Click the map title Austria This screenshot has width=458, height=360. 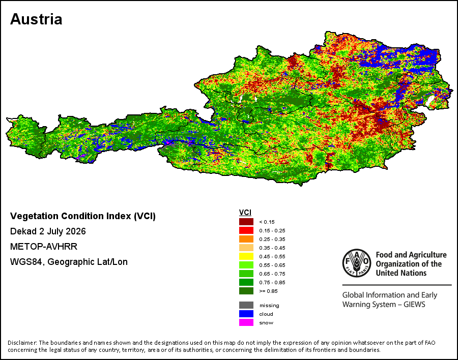[x=36, y=19]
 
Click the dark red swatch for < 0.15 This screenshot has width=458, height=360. [x=246, y=222]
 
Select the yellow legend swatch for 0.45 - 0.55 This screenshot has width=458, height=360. [x=246, y=256]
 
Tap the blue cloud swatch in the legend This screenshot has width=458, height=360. [x=246, y=314]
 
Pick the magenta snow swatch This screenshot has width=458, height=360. [x=246, y=323]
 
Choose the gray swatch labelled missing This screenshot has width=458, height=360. [x=246, y=306]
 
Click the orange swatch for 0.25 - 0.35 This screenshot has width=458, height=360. [x=246, y=239]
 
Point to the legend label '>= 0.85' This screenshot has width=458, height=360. [x=268, y=291]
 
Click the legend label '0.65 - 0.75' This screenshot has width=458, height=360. [x=272, y=274]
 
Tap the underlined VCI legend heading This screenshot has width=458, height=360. [x=245, y=213]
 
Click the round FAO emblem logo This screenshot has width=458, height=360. [x=357, y=263]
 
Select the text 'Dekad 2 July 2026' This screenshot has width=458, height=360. [x=48, y=231]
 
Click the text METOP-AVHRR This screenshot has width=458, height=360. [x=44, y=247]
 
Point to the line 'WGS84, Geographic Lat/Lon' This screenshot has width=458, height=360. [x=69, y=262]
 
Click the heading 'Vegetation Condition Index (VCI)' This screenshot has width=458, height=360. [x=83, y=216]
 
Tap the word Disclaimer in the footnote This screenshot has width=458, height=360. [x=22, y=343]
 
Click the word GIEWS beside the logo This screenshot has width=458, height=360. [x=414, y=305]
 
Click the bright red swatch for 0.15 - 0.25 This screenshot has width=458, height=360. [x=246, y=231]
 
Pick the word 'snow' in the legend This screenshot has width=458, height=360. [x=266, y=323]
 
